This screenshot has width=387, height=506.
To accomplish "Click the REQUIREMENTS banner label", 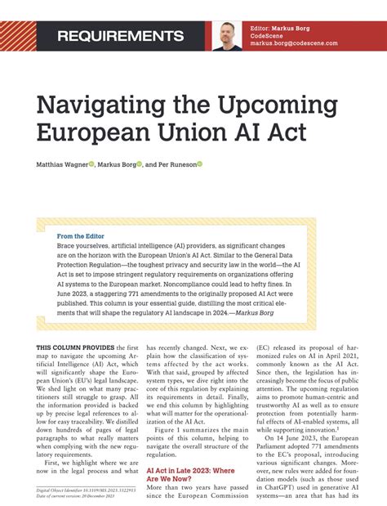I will [120, 37].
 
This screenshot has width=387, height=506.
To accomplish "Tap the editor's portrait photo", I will [227, 36].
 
